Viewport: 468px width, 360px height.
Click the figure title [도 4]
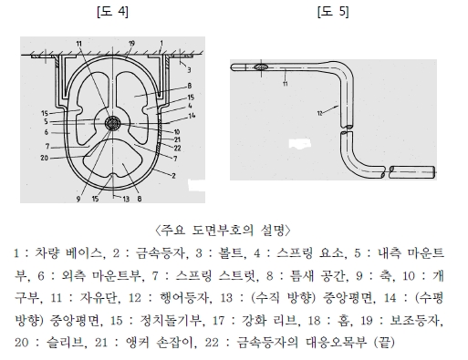click(x=112, y=12)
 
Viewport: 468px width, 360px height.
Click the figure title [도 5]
click(x=333, y=12)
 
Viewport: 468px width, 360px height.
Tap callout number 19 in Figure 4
click(x=131, y=44)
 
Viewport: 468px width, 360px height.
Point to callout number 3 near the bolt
click(x=189, y=70)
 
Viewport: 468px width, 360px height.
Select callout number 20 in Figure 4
click(x=45, y=158)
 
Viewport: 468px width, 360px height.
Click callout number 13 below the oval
click(x=126, y=199)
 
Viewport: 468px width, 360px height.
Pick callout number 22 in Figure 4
click(x=177, y=149)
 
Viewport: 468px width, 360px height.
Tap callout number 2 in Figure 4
click(x=173, y=176)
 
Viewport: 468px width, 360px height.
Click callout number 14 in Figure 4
click(x=192, y=116)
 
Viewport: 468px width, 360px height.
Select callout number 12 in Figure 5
click(x=319, y=114)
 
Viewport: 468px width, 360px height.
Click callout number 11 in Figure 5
click(x=285, y=84)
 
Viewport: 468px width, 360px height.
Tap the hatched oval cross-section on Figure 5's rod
click(x=261, y=67)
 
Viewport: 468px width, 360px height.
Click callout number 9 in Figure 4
click(x=78, y=200)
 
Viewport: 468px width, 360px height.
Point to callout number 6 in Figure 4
click(x=47, y=132)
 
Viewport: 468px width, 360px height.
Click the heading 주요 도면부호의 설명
click(x=223, y=231)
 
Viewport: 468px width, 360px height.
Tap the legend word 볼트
click(x=230, y=253)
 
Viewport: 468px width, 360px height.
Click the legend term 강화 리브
click(x=269, y=321)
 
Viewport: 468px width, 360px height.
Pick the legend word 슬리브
click(x=65, y=343)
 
